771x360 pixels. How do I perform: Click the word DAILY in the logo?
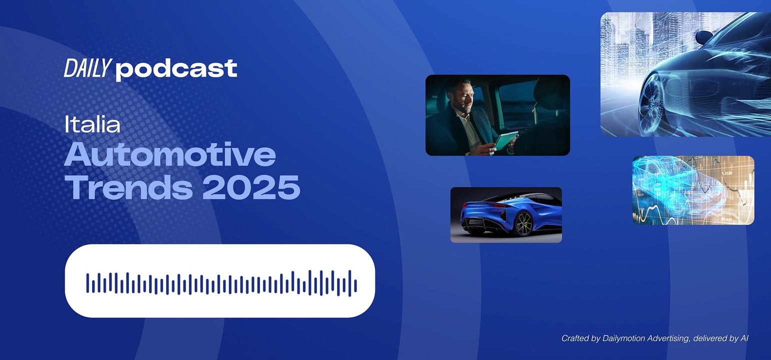tap(86, 68)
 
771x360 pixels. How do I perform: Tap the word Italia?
tap(92, 124)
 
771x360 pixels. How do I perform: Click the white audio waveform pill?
tap(219, 280)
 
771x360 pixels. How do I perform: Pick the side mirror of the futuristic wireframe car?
tap(704, 36)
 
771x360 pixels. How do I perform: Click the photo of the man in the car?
tap(497, 115)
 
